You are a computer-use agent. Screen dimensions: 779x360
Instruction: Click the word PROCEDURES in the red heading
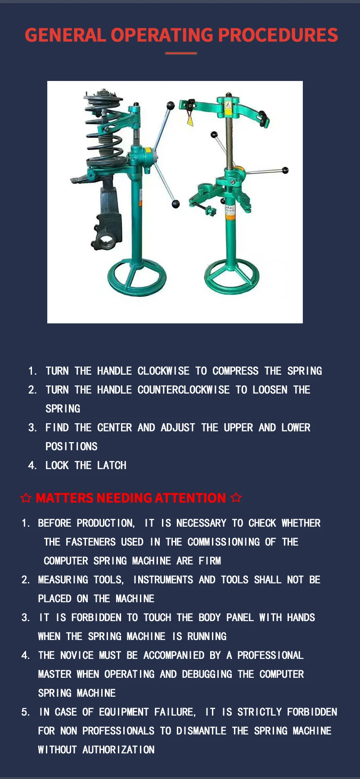(x=278, y=35)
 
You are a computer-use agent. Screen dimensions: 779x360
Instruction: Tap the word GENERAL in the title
(x=65, y=35)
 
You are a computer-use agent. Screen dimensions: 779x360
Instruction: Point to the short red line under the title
(x=181, y=53)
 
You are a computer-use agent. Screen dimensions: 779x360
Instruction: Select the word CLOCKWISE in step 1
(x=163, y=371)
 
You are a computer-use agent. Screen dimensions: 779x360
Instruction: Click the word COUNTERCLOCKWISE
(x=184, y=390)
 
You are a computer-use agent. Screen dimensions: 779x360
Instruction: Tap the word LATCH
(x=112, y=466)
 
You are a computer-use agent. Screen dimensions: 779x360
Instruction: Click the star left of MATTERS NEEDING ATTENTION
(x=26, y=498)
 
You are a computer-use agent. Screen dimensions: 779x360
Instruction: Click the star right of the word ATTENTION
(x=236, y=498)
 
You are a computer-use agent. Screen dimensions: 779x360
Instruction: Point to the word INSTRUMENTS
(x=163, y=580)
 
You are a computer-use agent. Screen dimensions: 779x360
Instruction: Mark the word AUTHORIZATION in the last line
(x=118, y=750)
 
